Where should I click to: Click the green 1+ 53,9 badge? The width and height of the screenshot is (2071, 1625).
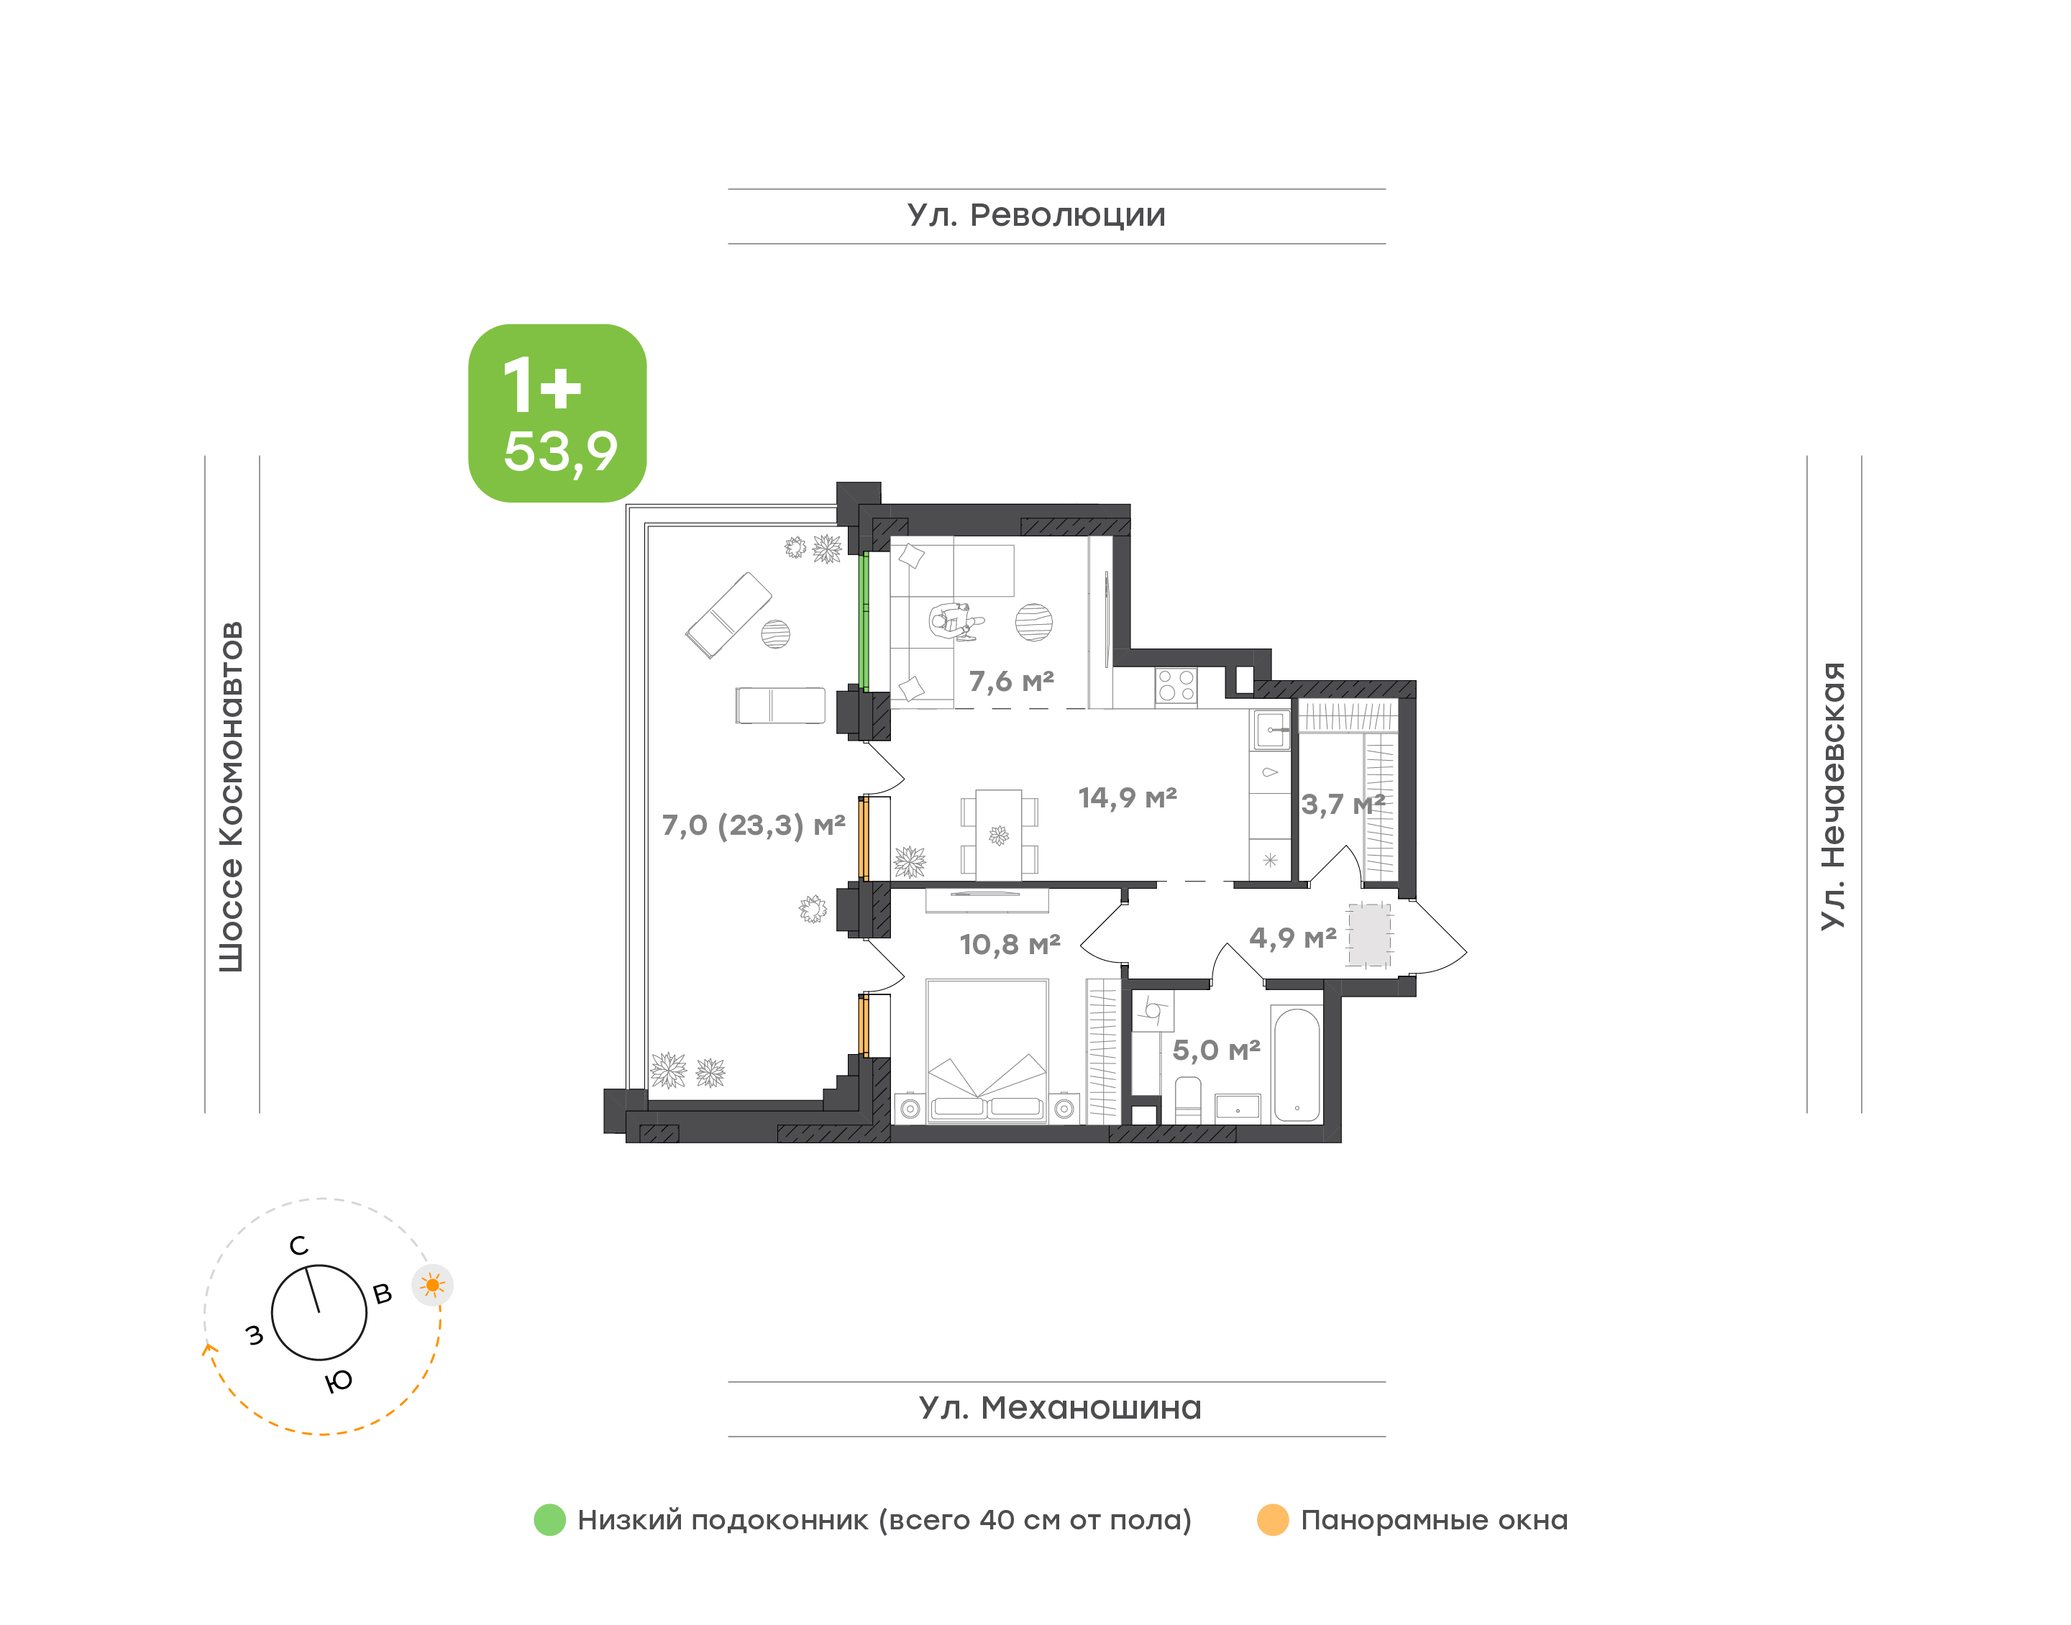tap(557, 413)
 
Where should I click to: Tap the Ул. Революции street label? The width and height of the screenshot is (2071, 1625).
tap(1036, 215)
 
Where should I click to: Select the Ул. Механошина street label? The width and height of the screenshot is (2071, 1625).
tap(1060, 1407)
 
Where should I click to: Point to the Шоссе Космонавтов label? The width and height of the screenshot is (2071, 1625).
tap(231, 797)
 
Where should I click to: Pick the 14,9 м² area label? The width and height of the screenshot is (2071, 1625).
tap(1128, 797)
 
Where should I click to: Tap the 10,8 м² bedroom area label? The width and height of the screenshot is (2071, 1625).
tap(1010, 944)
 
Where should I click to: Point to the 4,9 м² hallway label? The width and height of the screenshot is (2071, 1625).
tap(1293, 938)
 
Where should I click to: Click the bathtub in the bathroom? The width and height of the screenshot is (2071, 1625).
tap(1297, 1066)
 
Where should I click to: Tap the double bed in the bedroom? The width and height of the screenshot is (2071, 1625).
tap(987, 1050)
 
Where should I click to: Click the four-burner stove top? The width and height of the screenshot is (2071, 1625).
tap(1176, 686)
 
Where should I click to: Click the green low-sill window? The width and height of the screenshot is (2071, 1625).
tap(864, 622)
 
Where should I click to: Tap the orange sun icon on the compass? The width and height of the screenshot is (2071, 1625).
tap(433, 1286)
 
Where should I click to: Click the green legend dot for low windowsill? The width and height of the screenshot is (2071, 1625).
tap(550, 1519)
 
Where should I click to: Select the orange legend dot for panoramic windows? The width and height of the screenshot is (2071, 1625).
tap(1273, 1519)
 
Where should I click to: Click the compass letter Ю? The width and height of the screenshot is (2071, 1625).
tap(339, 1381)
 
